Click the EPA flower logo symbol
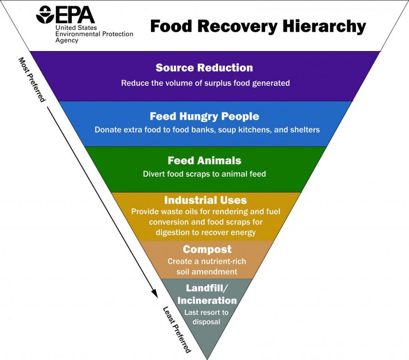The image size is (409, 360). [45, 15]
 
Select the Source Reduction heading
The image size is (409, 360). [204, 67]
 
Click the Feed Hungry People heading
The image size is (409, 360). [204, 116]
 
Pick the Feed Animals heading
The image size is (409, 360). [204, 160]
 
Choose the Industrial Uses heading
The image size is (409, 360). [205, 200]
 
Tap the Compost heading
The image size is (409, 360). [207, 249]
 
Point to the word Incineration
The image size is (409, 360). [207, 300]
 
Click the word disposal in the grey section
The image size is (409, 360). [206, 322]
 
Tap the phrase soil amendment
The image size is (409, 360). [207, 272]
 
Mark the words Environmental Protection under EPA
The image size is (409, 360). [94, 34]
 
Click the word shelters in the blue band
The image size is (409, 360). [305, 130]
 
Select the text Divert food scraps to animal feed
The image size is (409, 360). [204, 174]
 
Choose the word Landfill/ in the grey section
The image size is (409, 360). [206, 288]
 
